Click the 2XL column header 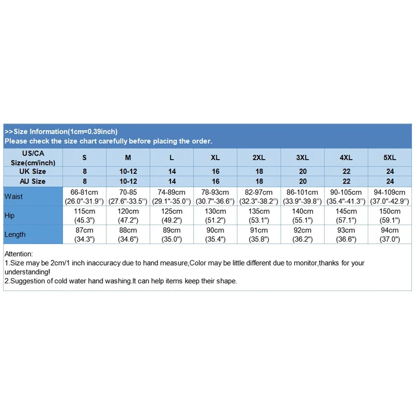pos(259,157)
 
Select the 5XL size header pos(390,157)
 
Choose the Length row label pos(15,234)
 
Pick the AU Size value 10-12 pos(128,182)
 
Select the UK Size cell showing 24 pos(390,171)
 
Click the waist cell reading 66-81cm pos(85,192)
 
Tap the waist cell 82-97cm pos(259,192)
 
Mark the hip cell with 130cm pos(215,212)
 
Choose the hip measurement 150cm pos(390,212)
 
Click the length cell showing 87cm pos(85,230)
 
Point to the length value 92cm pos(302,230)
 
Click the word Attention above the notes pos(18,254)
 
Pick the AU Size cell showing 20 pos(302,182)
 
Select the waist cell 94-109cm pos(390,192)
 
